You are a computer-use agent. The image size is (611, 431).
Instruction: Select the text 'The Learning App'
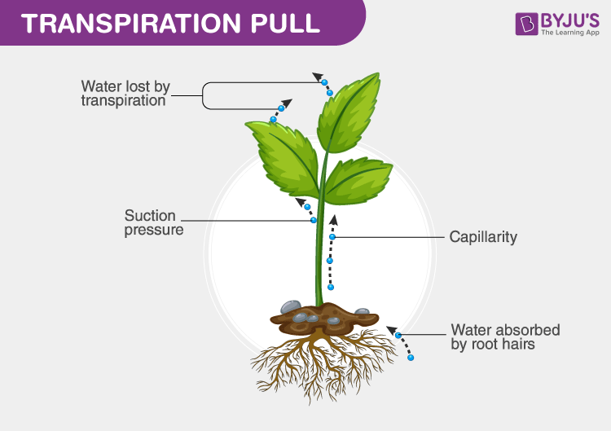pyautogui.click(x=570, y=33)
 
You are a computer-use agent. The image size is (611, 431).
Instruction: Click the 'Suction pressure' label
pyautogui.click(x=153, y=222)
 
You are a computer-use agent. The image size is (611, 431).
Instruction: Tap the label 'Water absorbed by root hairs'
pyautogui.click(x=505, y=337)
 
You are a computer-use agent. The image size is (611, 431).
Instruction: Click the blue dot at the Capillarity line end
pyautogui.click(x=332, y=237)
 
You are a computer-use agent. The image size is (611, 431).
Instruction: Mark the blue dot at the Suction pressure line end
pyautogui.click(x=313, y=220)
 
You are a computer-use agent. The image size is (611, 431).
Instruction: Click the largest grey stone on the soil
pyautogui.click(x=291, y=307)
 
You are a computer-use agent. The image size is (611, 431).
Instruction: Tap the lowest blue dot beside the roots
pyautogui.click(x=411, y=358)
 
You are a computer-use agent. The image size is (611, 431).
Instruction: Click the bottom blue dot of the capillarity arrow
pyautogui.click(x=330, y=287)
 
